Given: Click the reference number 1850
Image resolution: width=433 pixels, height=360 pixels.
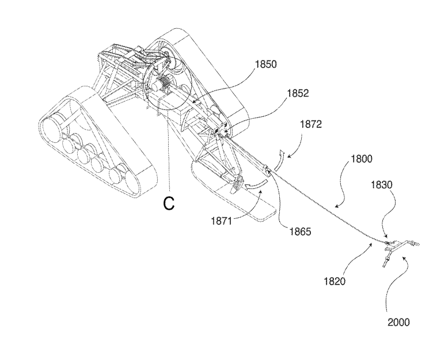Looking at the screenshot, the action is coord(265,65).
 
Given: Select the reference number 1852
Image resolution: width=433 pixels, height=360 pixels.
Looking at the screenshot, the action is coord(298,93).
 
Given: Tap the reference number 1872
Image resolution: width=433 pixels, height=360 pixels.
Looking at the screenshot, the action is coord(311,124).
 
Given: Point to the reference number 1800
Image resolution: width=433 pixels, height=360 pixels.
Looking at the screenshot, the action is coord(362,159).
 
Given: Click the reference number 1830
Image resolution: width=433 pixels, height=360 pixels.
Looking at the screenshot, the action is coord(381,184).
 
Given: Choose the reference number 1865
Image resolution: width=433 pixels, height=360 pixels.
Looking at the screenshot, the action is coord(300,231).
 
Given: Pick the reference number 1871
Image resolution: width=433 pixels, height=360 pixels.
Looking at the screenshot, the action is coord(222,221).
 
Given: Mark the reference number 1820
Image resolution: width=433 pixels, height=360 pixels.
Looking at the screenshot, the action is coord(335,281).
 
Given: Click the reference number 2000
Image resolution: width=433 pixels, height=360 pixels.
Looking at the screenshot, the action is coord(398,322).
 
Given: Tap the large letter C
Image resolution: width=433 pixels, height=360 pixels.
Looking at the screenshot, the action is coord(169,204).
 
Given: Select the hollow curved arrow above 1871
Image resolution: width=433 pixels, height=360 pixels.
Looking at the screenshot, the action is coord(257,184).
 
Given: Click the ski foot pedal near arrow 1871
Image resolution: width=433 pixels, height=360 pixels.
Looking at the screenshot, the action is coord(237,184).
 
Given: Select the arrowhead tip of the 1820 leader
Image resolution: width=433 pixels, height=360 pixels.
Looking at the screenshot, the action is coord(372,243).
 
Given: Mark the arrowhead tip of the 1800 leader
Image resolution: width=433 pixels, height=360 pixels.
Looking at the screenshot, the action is coord(335,206).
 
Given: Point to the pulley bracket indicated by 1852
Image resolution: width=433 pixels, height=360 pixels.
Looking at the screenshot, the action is coord(221,130).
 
